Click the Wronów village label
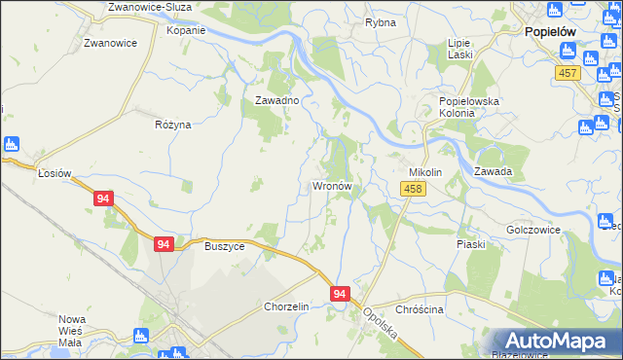point(337,185)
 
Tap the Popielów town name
point(550,31)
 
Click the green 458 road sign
point(413,188)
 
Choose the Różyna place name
point(173,125)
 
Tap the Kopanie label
point(186,30)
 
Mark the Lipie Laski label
point(459,49)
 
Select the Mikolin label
point(424,172)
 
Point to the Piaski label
point(471,244)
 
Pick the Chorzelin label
point(286,306)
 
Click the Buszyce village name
point(224,246)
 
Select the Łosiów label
point(55,173)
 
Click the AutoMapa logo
point(557,342)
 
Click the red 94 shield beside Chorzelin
point(339,293)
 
